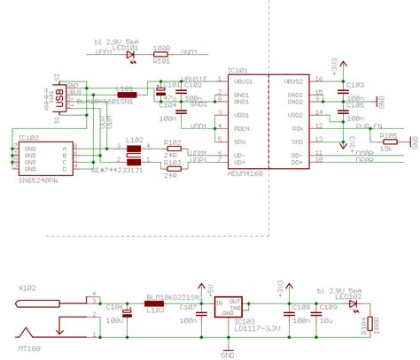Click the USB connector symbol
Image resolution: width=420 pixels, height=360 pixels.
click(59, 100)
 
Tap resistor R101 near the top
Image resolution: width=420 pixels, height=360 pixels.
click(161, 53)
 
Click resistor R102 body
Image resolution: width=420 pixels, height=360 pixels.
click(172, 148)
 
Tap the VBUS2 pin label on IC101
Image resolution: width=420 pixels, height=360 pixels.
click(293, 80)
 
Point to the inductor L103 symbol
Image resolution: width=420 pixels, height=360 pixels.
click(153, 303)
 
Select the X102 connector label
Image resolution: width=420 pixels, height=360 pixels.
click(28, 288)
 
